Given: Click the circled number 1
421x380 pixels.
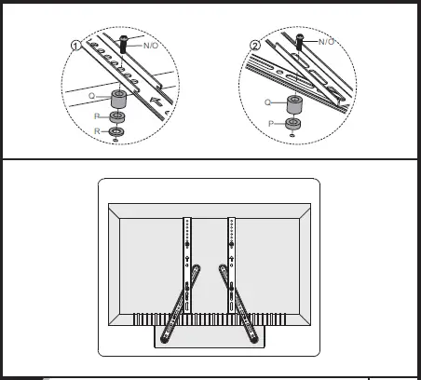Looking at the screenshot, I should [x=77, y=43].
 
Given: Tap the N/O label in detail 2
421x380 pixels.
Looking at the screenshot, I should [x=326, y=42].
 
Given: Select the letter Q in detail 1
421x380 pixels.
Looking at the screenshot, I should [x=92, y=95].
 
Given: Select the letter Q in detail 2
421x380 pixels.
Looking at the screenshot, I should [x=267, y=102].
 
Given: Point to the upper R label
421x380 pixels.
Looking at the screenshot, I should [x=96, y=116].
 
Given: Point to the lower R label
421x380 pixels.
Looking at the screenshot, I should [x=96, y=133].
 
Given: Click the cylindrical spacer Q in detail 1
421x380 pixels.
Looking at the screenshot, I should [x=119, y=98].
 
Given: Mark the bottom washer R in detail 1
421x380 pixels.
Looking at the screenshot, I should [x=117, y=132].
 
